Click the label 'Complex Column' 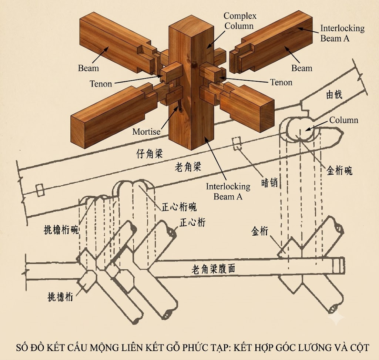click(x=239, y=21)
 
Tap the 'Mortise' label click(x=146, y=132)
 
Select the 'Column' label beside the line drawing click(x=344, y=120)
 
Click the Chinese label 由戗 click(x=334, y=94)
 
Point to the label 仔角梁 click(x=150, y=154)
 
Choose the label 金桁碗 click(x=339, y=171)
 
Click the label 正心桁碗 click(x=179, y=207)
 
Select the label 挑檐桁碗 click(x=61, y=229)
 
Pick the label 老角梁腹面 click(x=213, y=269)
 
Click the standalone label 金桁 click(x=260, y=231)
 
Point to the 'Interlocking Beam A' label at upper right click(x=342, y=33)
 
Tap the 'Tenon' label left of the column click(x=101, y=84)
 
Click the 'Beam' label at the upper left click(x=88, y=68)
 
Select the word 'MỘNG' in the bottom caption click(x=104, y=348)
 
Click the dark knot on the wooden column click(x=194, y=65)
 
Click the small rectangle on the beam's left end click(x=40, y=190)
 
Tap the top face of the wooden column click(x=191, y=26)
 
